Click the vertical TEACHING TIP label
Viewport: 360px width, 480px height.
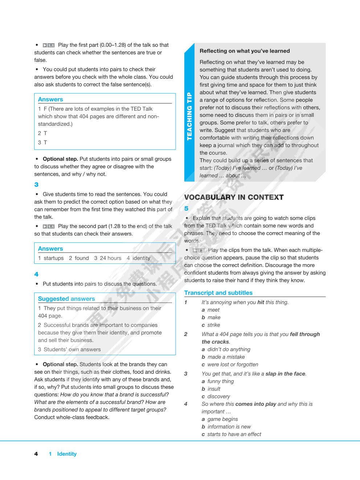coord(189,117)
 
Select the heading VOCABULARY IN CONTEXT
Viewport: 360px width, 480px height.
coord(234,197)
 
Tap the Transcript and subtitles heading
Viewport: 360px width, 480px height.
coord(218,293)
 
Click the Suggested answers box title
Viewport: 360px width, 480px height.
coord(66,299)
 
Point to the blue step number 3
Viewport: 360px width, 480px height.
coord(36,185)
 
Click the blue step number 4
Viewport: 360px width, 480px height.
coord(36,274)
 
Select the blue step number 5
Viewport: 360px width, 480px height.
coord(186,209)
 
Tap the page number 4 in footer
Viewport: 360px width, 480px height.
coord(36,454)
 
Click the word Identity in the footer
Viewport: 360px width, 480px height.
coord(67,454)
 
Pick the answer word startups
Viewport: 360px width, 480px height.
coord(53,258)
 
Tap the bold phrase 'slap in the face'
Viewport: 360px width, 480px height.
coord(285,374)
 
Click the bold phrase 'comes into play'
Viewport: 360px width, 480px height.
coord(255,404)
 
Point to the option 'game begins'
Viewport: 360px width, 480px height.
coord(222,419)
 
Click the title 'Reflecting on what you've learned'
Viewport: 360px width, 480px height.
coord(245,51)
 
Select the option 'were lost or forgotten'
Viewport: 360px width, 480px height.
coord(233,365)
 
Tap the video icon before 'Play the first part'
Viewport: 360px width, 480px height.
coord(48,45)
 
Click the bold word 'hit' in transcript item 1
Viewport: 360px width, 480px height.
coord(261,302)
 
